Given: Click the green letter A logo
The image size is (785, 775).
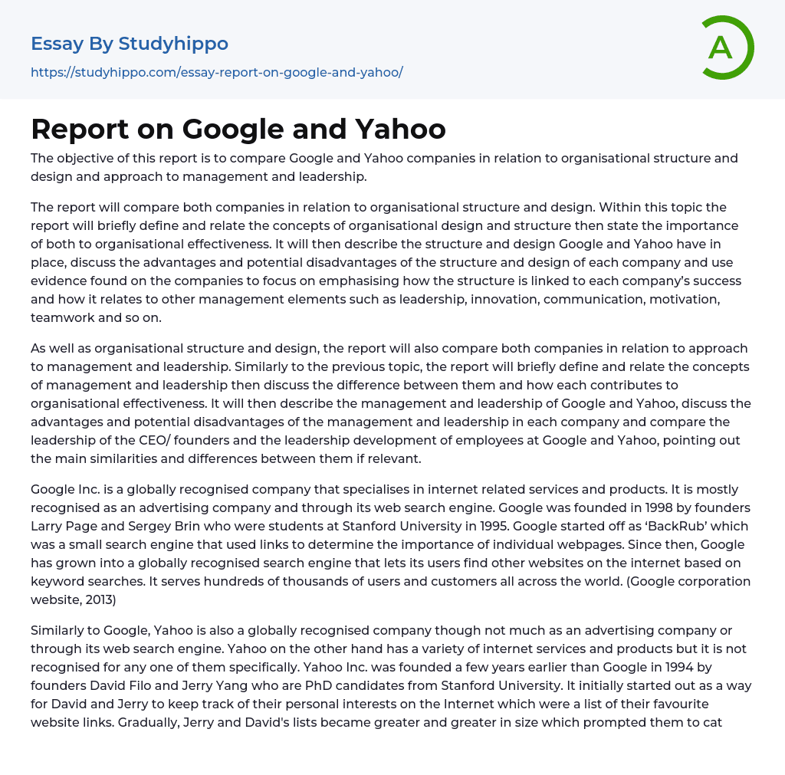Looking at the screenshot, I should coord(727,48).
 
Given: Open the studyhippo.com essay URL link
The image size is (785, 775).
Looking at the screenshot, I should coord(216,72).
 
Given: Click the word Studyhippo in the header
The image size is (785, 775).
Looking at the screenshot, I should coord(173,44).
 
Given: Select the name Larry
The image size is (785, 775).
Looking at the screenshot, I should coord(48,526).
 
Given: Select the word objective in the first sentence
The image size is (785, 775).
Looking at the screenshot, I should coord(87,158).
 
